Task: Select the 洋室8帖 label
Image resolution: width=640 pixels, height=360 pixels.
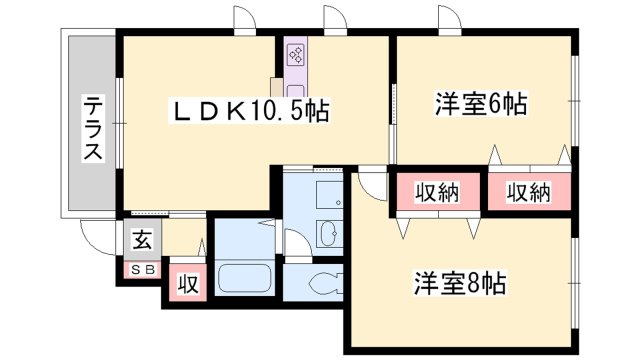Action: (460, 284)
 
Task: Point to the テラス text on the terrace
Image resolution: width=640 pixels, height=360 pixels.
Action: (92, 129)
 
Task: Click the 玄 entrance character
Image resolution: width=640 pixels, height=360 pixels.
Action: (142, 242)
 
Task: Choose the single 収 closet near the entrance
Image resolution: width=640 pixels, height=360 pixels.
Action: (186, 283)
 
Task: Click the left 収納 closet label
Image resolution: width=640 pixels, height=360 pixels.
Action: (437, 193)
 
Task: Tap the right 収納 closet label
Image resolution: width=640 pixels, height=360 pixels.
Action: (527, 193)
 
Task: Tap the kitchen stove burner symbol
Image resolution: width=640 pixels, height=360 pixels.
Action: (296, 56)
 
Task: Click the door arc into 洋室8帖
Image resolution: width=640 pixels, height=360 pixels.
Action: (372, 183)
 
